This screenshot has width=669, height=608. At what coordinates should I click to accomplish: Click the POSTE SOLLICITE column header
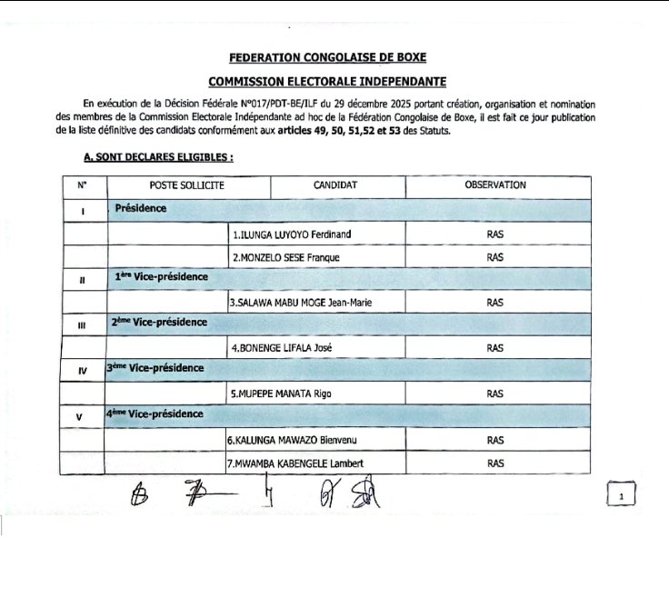click(187, 185)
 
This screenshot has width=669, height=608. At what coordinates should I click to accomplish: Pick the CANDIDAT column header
click(335, 185)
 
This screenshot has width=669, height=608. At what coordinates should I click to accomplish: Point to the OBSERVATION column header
click(494, 185)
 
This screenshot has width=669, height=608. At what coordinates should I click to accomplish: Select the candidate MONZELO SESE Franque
click(285, 257)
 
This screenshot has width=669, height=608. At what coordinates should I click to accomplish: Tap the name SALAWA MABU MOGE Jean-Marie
click(301, 302)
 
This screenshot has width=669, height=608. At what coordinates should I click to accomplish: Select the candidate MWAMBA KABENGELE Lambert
click(295, 463)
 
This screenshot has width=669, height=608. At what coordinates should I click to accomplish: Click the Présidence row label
click(140, 209)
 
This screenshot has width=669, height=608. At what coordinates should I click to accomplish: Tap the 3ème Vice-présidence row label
click(155, 368)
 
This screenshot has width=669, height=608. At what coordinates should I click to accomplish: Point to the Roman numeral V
click(83, 416)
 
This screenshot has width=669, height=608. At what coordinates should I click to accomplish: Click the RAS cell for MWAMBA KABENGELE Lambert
click(494, 463)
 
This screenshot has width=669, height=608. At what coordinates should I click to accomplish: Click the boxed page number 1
click(621, 496)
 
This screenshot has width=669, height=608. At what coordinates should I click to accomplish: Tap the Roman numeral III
click(83, 324)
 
